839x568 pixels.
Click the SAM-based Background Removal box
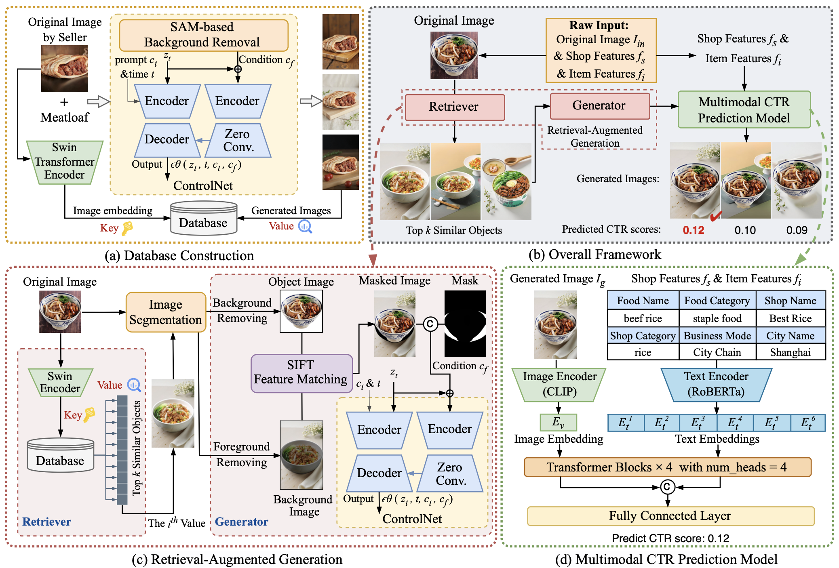point(203,35)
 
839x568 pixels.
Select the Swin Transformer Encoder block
point(65,162)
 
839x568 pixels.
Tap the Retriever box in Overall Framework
point(454,107)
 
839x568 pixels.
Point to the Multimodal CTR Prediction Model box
point(744,110)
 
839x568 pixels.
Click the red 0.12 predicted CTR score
point(693,230)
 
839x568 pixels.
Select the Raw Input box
point(601,50)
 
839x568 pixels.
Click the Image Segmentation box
point(166,312)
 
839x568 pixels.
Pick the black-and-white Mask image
point(465,323)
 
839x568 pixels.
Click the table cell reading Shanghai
point(790,352)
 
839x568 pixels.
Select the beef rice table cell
point(643,318)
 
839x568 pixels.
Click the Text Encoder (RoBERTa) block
point(716,384)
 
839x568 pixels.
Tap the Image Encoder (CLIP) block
point(559,384)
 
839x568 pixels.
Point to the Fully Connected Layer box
point(670,516)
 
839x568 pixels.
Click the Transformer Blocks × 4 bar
point(667,467)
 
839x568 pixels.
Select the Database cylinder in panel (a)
point(203,219)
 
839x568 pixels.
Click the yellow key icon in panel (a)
point(127,228)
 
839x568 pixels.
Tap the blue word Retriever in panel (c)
point(47,522)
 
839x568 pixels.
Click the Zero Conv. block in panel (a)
point(238,141)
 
